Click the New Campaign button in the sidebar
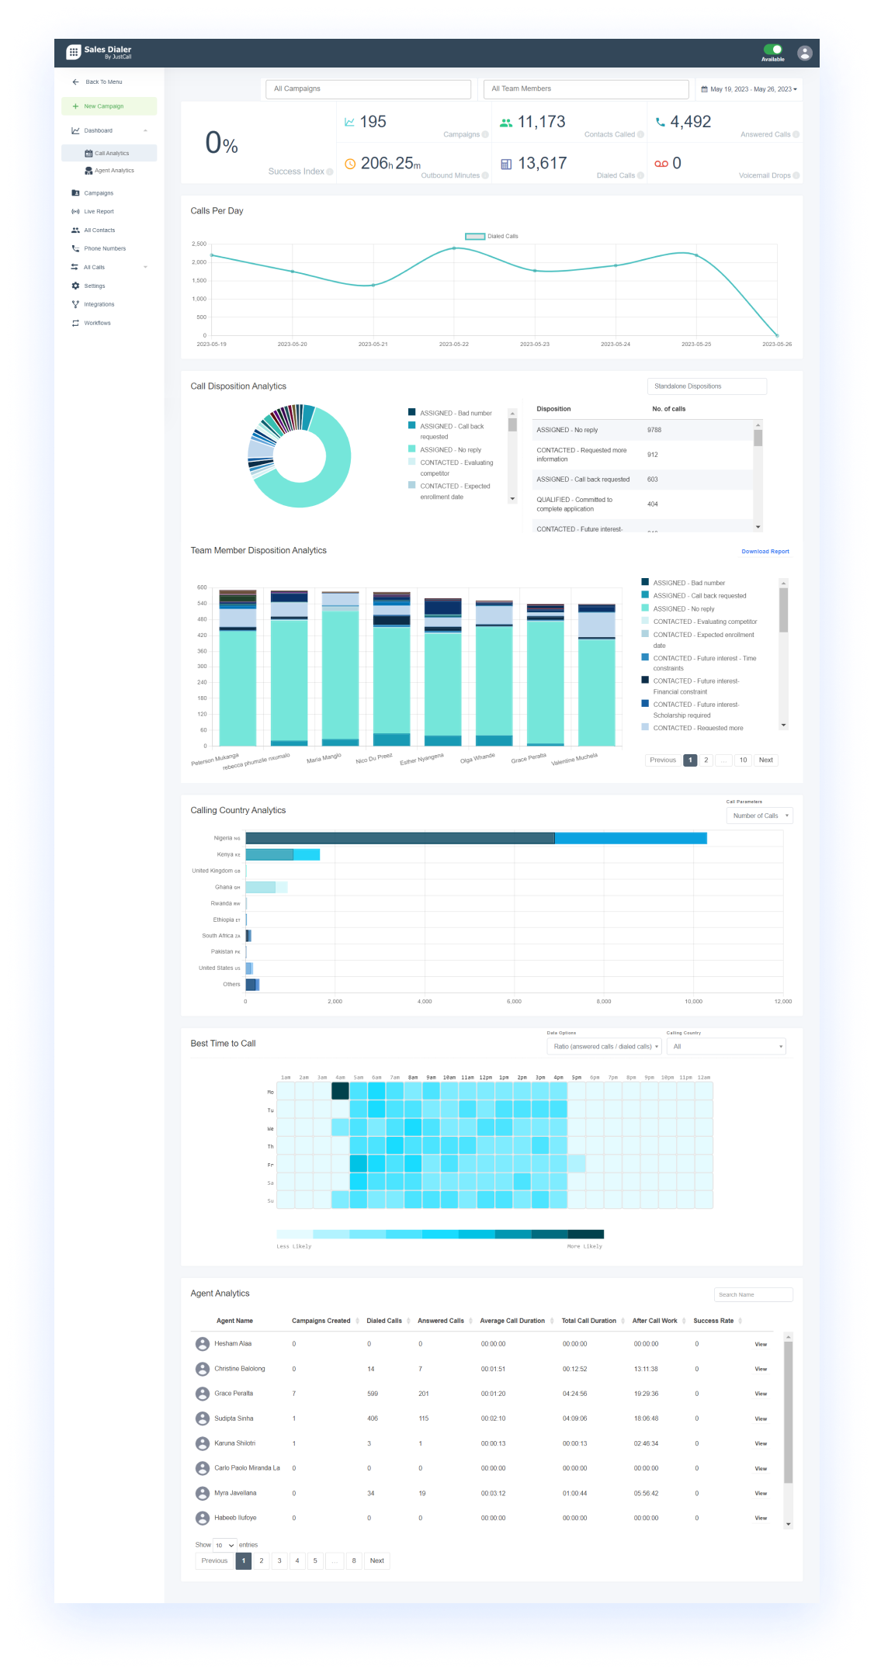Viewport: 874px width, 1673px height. click(109, 106)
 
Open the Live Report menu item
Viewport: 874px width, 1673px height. click(99, 212)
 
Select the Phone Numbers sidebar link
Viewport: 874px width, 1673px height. click(105, 249)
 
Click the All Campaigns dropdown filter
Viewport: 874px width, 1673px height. click(368, 89)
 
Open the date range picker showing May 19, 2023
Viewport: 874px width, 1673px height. click(748, 89)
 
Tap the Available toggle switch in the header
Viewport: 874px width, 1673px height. click(772, 50)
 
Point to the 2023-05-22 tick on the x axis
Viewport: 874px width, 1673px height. click(454, 344)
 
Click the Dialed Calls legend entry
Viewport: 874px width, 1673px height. click(492, 237)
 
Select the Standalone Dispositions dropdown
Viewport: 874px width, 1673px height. click(706, 386)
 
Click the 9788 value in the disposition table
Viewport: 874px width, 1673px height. click(654, 430)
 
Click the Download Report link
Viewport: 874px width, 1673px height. click(765, 552)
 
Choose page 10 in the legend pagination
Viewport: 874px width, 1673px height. click(743, 760)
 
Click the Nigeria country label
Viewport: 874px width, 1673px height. click(224, 838)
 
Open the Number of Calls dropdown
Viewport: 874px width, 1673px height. click(760, 816)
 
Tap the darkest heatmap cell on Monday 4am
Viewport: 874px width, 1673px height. click(340, 1091)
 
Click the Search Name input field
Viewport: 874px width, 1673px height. click(753, 1294)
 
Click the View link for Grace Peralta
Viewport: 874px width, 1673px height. click(761, 1394)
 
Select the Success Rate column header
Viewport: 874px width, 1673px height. click(713, 1321)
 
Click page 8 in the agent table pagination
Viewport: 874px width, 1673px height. click(354, 1560)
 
